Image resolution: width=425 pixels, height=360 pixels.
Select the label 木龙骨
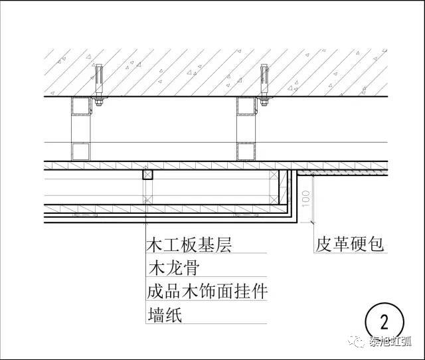[173, 268]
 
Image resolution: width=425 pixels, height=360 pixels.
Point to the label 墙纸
[164, 314]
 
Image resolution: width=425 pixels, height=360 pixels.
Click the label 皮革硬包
[349, 246]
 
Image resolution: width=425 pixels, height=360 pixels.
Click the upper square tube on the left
[81, 106]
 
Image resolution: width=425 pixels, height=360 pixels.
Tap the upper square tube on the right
[247, 106]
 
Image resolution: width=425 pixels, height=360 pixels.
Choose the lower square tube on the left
[81, 151]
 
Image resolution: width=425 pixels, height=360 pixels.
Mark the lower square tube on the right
[247, 151]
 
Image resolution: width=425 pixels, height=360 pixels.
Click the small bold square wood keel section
[147, 175]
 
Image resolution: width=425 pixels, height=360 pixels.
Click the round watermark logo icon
[358, 343]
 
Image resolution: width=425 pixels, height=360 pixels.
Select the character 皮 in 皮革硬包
[323, 246]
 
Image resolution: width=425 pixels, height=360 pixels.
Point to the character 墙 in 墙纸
[155, 314]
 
